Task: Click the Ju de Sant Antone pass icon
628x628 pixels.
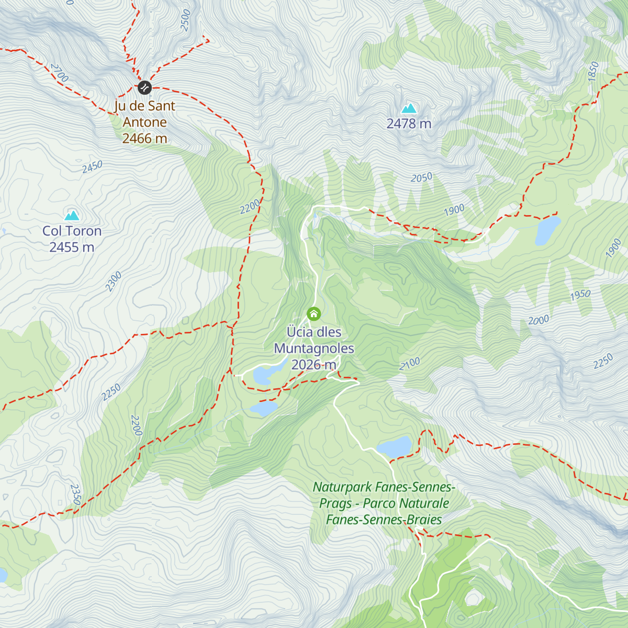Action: click(x=144, y=87)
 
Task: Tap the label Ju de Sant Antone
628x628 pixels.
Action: click(x=144, y=114)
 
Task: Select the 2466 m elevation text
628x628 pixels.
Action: click(x=144, y=138)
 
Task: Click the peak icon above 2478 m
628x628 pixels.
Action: click(x=409, y=108)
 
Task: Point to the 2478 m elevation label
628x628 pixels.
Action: click(x=409, y=124)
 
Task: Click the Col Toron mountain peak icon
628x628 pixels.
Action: click(x=72, y=215)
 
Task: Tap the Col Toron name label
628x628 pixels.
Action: click(x=72, y=231)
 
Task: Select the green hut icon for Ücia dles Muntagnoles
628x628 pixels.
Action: click(x=313, y=313)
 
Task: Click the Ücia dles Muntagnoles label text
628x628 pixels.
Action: click(x=314, y=340)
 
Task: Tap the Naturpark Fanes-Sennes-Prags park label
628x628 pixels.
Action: click(x=384, y=503)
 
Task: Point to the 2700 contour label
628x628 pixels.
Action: click(x=59, y=73)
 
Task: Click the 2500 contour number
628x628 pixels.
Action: click(x=186, y=20)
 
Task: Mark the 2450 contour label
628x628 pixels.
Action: click(x=92, y=167)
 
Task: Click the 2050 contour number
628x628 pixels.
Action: click(x=421, y=178)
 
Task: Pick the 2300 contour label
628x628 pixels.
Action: click(x=114, y=282)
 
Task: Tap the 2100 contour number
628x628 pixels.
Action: click(x=410, y=364)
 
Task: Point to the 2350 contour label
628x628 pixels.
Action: click(x=75, y=495)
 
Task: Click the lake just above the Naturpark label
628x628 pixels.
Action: click(x=394, y=447)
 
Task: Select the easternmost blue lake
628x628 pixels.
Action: click(x=547, y=230)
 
